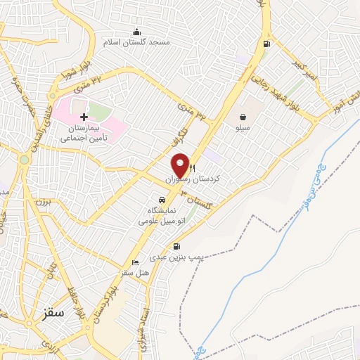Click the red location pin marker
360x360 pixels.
(x=180, y=165)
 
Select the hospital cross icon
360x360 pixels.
(x=84, y=117)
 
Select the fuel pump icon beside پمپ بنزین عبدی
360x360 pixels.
(x=175, y=247)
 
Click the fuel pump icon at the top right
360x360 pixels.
(x=265, y=44)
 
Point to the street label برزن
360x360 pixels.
(x=39, y=202)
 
